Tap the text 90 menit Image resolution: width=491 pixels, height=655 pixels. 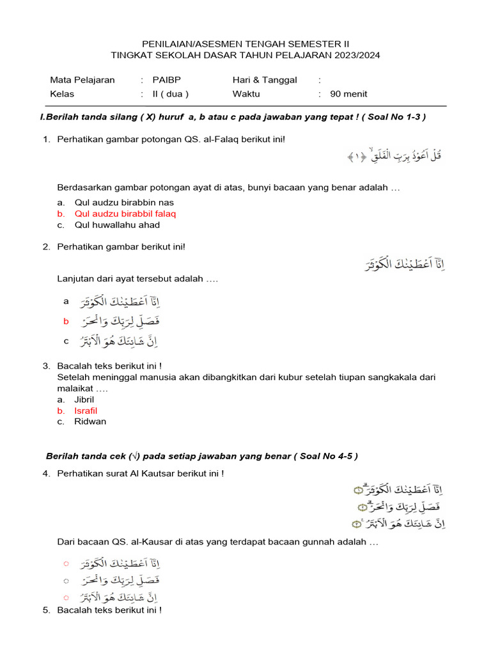348,94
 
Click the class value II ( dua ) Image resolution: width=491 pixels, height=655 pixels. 170,94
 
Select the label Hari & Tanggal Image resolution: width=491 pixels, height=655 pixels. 265,80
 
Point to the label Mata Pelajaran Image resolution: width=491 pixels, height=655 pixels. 82,80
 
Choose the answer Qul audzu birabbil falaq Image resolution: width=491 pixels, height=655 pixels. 125,214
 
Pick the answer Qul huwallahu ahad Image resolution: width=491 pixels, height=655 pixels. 117,225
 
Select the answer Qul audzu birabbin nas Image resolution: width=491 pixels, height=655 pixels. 115,202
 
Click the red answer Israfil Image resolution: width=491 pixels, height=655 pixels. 86,411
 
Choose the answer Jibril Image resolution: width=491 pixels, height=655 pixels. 84,399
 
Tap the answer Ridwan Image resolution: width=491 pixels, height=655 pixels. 90,422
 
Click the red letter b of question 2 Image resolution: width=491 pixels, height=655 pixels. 66,322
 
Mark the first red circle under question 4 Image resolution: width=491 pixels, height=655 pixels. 66,564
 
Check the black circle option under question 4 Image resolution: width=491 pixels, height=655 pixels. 66,581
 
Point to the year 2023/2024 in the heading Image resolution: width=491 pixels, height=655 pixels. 355,55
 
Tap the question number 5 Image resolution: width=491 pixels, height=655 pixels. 46,610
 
